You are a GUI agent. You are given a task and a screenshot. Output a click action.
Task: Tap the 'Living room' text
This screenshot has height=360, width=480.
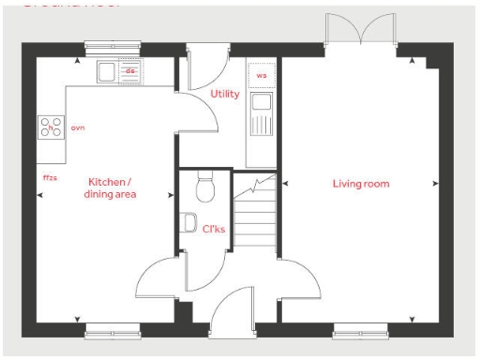[360, 183]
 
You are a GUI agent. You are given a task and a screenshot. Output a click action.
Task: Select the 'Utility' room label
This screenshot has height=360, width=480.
[225, 94]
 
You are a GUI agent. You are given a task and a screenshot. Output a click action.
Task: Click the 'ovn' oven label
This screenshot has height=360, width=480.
[78, 127]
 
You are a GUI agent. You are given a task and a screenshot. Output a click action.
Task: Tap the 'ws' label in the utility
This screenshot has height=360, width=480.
[262, 75]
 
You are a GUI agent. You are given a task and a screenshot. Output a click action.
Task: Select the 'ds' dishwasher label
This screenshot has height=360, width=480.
[131, 70]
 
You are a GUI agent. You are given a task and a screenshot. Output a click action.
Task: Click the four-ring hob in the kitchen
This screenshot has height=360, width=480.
[51, 127]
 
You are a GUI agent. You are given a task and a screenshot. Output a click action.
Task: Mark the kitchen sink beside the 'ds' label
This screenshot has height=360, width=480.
[108, 71]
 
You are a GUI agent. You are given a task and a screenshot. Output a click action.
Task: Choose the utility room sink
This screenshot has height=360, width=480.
[261, 102]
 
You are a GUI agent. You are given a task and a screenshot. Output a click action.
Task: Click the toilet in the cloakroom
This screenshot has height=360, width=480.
[205, 190]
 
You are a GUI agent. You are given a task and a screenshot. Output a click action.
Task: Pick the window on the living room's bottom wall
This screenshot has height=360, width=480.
[360, 329]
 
